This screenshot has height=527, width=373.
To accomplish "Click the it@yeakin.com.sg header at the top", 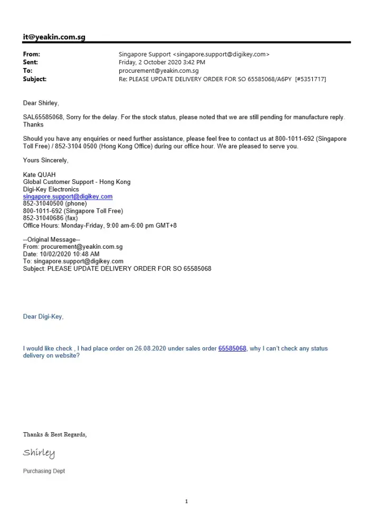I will pyautogui.click(x=54, y=37).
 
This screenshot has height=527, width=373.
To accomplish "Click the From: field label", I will pyautogui.click(x=32, y=54).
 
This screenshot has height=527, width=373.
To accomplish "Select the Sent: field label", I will pyautogui.click(x=31, y=62).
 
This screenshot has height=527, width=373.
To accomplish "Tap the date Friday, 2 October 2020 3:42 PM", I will pyautogui.click(x=162, y=62).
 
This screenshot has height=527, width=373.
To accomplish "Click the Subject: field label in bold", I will pyautogui.click(x=35, y=79).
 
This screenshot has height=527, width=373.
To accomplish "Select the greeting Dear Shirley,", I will pyautogui.click(x=41, y=103).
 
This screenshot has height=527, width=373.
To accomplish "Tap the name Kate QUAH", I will pyautogui.click(x=40, y=174).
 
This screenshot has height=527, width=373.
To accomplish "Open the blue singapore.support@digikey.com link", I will pyautogui.click(x=68, y=197).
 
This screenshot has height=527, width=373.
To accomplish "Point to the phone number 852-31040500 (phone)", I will pyautogui.click(x=55, y=203).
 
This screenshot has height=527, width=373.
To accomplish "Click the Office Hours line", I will pyautogui.click(x=100, y=226).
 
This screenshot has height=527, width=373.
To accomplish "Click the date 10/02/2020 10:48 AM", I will pyautogui.click(x=69, y=254).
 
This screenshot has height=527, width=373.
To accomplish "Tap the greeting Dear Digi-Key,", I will pyautogui.click(x=43, y=317).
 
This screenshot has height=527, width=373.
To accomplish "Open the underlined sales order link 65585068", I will pyautogui.click(x=232, y=349).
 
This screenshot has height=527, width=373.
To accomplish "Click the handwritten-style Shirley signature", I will pyautogui.click(x=39, y=453).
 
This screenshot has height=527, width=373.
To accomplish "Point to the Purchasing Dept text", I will pyautogui.click(x=44, y=471).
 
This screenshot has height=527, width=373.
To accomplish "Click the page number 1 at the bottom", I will pyautogui.click(x=186, y=502).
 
